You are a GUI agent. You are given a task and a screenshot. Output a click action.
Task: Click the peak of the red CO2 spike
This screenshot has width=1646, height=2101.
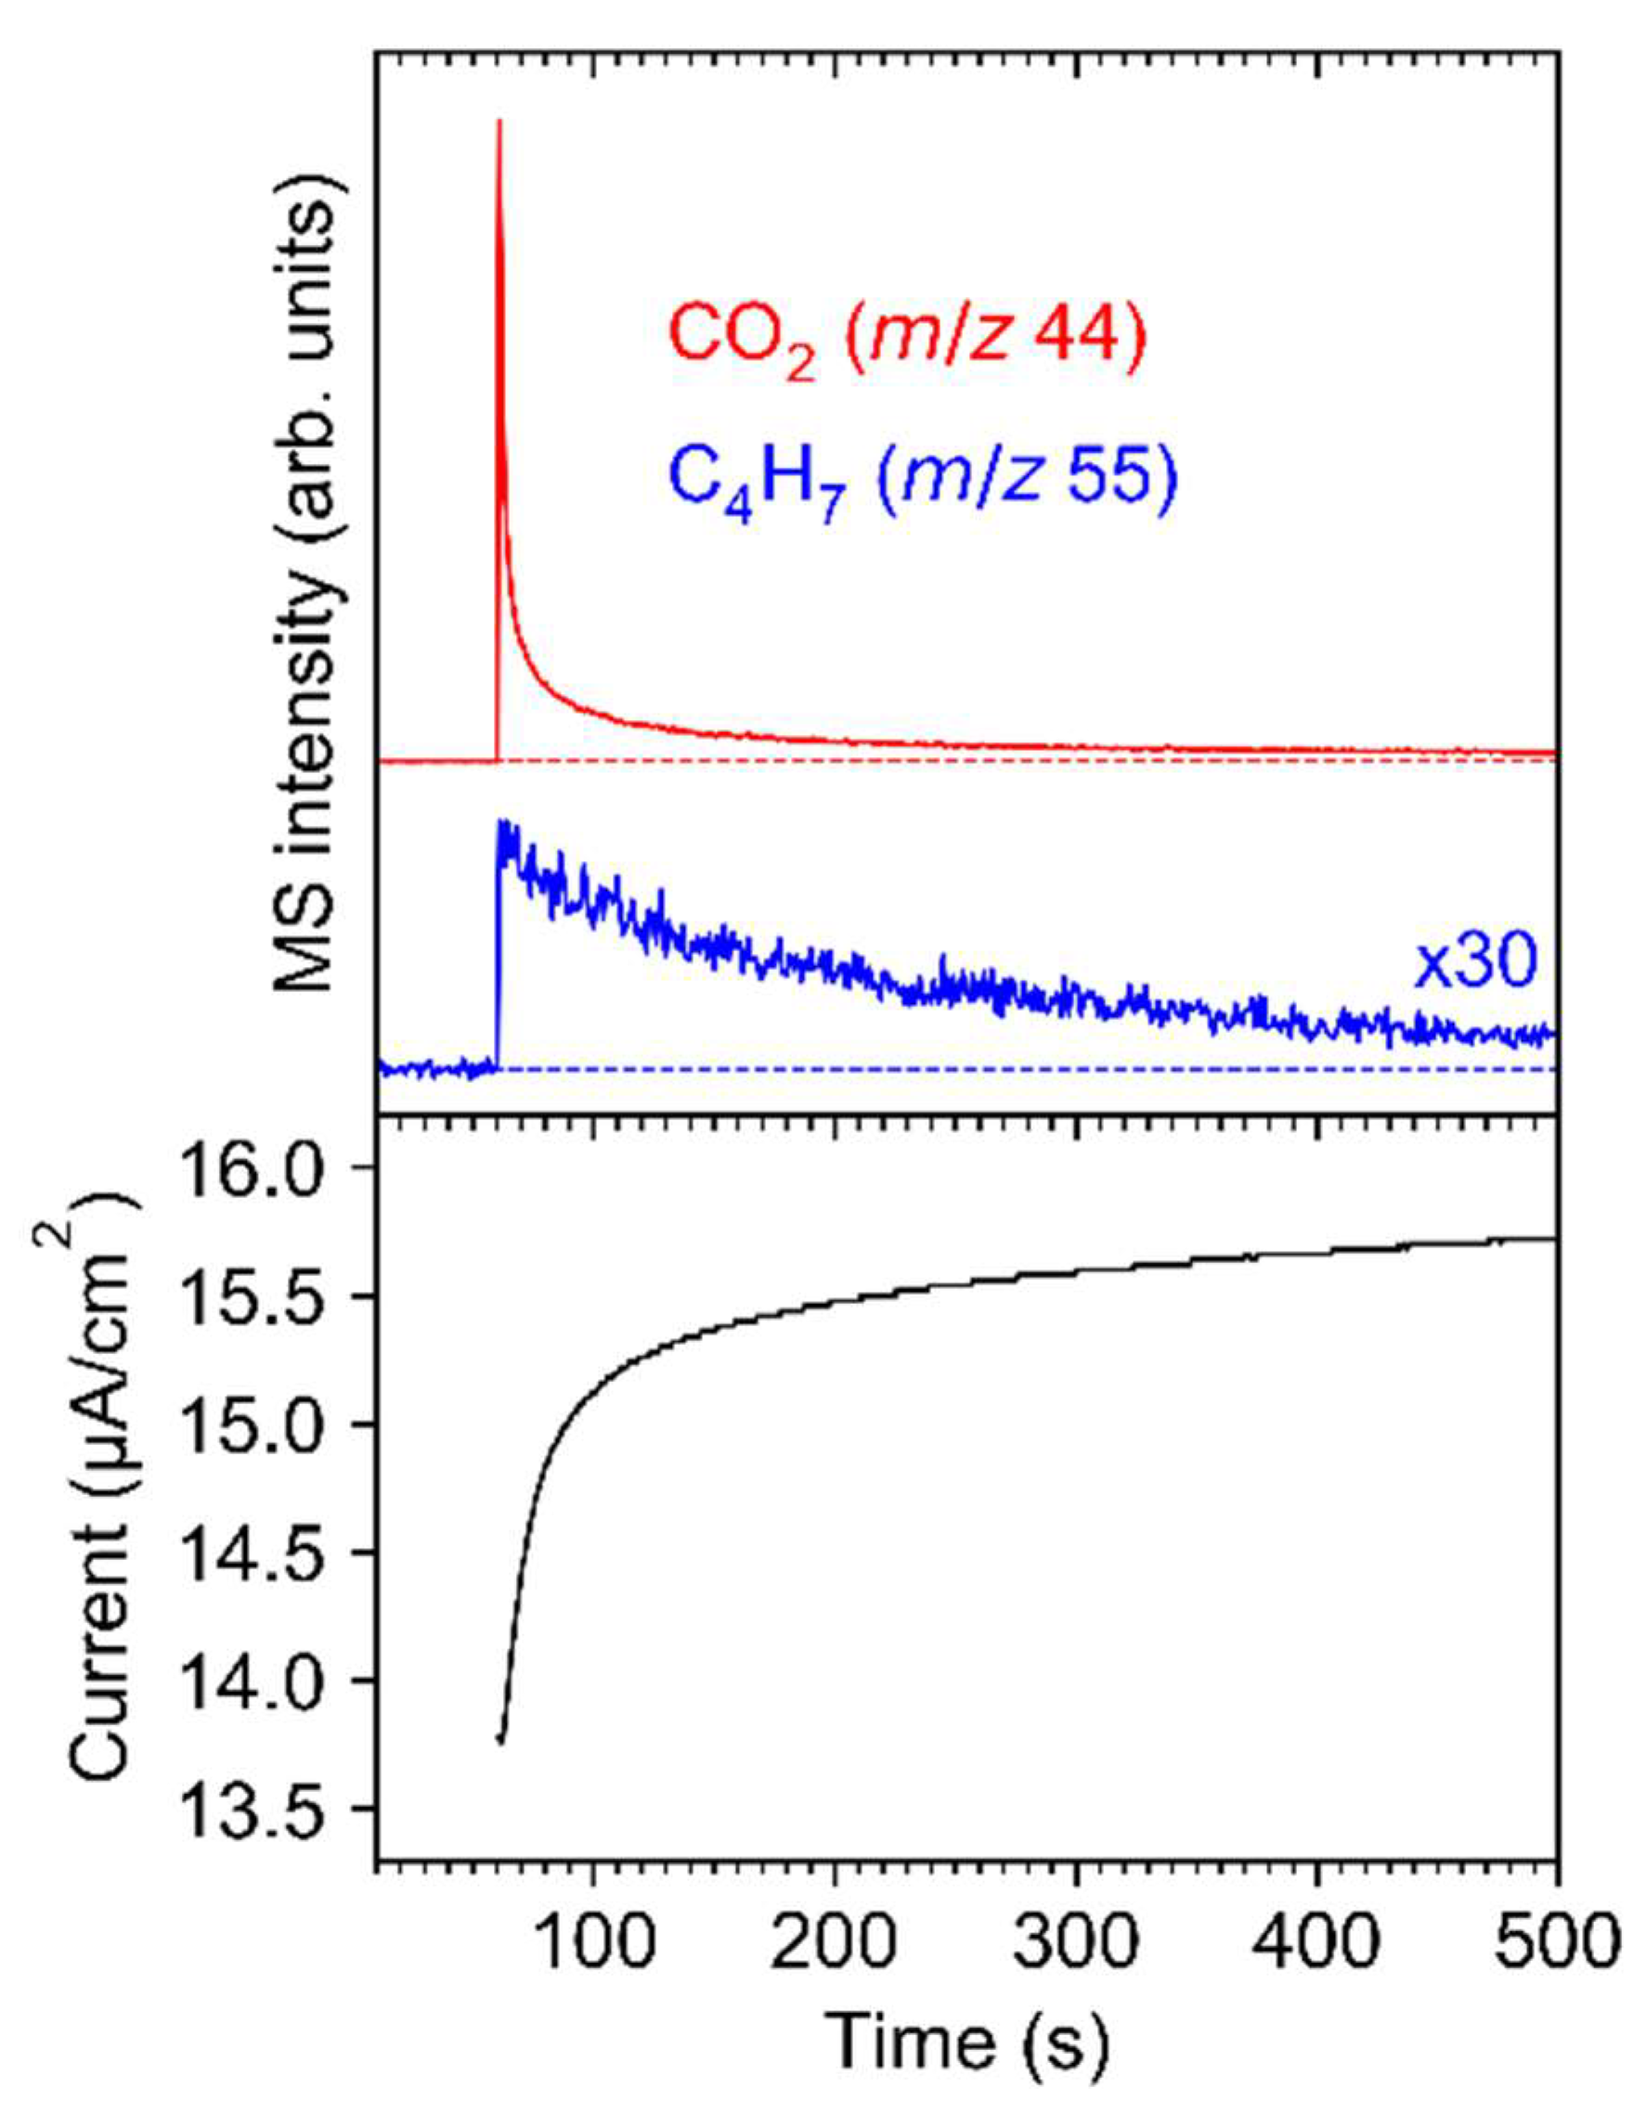(x=499, y=122)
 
